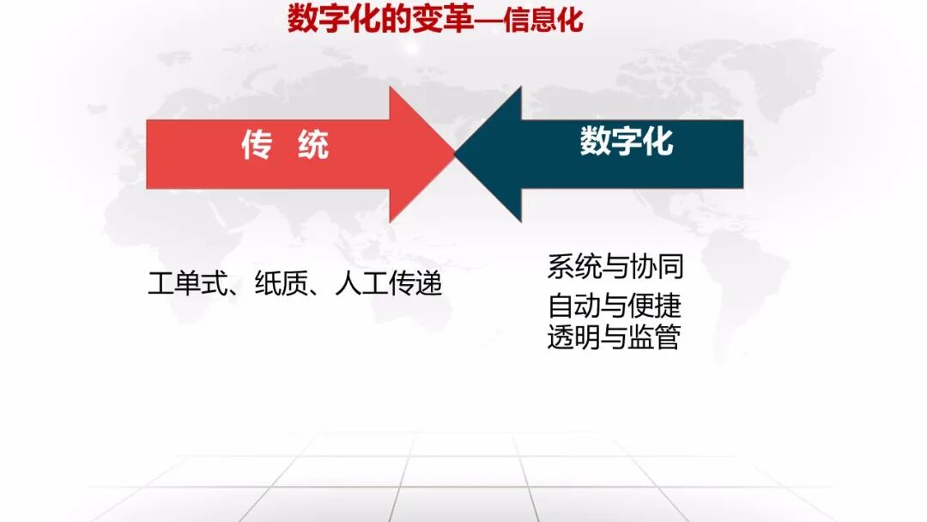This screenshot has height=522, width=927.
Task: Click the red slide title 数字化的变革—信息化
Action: click(435, 20)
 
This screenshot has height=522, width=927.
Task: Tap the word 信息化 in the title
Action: click(543, 20)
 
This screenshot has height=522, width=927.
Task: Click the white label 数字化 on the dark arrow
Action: click(627, 142)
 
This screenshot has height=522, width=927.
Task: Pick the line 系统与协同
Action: click(615, 267)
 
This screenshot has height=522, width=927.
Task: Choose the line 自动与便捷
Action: click(615, 306)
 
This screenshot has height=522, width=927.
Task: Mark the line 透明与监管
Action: click(615, 337)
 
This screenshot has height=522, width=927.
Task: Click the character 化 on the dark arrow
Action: click(658, 142)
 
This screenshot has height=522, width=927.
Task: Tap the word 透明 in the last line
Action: click(573, 337)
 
